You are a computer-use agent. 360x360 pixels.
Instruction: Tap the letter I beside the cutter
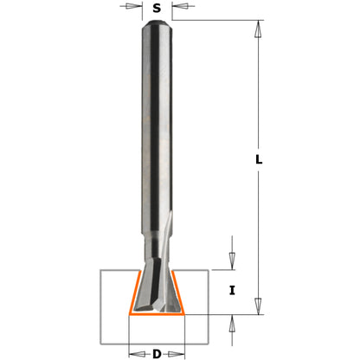pos(231,291)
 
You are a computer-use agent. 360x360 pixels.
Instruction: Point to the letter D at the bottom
pos(157,352)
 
